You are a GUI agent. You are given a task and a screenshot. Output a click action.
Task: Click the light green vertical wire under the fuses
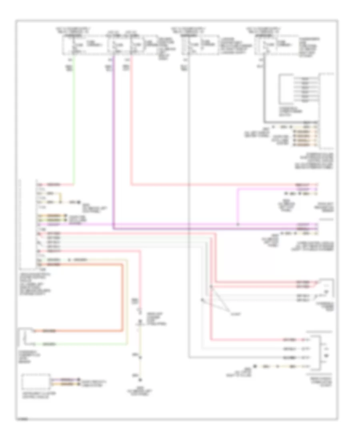[x=73, y=120]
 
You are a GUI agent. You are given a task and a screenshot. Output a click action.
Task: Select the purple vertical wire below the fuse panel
[x=114, y=140]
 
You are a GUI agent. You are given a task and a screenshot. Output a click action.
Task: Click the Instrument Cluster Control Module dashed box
[x=36, y=382]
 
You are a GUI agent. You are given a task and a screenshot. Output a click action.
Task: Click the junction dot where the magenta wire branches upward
[x=238, y=224]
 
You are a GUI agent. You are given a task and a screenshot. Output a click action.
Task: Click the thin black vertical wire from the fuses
[x=188, y=200]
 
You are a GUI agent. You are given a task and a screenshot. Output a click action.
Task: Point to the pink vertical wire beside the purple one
[x=132, y=120]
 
